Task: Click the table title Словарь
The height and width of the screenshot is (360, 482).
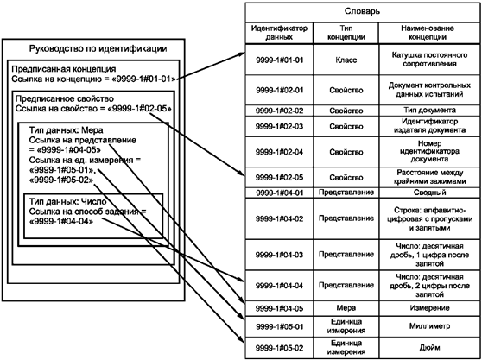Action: (362, 11)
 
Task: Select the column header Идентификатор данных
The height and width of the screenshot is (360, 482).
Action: (279, 33)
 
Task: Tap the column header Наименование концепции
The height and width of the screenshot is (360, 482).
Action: (428, 33)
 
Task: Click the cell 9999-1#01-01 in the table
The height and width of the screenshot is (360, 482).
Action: (279, 60)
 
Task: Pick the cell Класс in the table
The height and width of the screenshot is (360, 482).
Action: (346, 60)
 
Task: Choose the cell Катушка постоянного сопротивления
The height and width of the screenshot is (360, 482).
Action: (429, 60)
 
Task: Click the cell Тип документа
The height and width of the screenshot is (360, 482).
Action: (429, 110)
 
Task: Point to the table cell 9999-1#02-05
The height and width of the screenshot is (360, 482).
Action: (279, 178)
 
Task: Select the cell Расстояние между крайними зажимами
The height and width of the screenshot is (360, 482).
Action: (429, 177)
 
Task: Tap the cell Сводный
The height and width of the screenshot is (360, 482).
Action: (429, 193)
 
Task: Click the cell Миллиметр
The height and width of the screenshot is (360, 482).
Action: (429, 326)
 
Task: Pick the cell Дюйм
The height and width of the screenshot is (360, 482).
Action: (429, 347)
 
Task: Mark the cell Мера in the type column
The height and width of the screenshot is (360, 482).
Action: (346, 308)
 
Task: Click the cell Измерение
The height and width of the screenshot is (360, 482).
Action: (429, 308)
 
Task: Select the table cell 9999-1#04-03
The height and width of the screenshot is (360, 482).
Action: (279, 255)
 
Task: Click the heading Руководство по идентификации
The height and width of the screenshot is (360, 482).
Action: (98, 48)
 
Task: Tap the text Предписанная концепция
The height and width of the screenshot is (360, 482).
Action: (64, 69)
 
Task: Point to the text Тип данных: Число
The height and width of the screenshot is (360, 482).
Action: (68, 201)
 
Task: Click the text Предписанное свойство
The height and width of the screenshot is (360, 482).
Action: (65, 99)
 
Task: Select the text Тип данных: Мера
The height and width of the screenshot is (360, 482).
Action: (67, 130)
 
